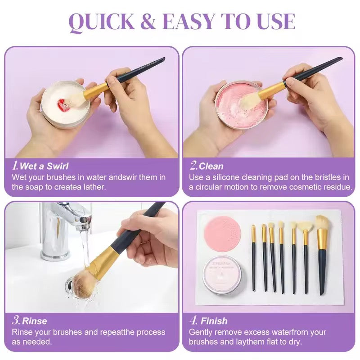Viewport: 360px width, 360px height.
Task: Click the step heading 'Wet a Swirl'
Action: click(44, 166)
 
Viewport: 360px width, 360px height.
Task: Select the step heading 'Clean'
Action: click(211, 166)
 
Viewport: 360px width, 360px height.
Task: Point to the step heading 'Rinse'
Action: click(35, 321)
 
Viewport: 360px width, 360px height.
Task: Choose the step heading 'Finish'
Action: click(214, 321)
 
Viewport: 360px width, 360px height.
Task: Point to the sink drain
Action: click(72, 283)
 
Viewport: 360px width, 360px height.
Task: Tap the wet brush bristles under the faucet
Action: click(84, 284)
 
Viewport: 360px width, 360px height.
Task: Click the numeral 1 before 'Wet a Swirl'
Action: click(15, 166)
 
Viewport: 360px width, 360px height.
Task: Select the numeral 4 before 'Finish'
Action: click(193, 321)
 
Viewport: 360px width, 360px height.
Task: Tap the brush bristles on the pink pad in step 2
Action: click(247, 101)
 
